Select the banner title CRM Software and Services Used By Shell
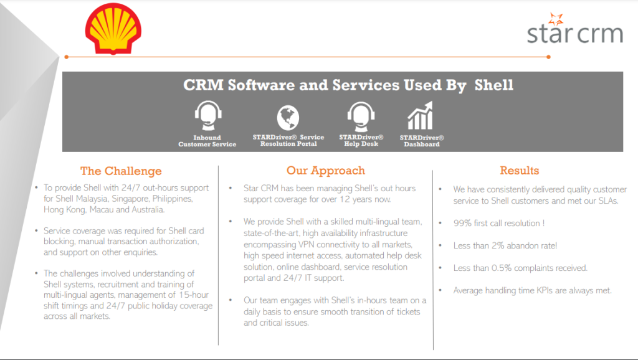click(x=348, y=85)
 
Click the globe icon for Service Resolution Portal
click(x=288, y=116)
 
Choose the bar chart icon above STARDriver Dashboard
click(x=421, y=116)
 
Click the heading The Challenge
click(x=121, y=171)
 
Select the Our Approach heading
click(x=325, y=171)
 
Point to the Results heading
click(x=519, y=171)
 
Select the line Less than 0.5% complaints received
click(x=520, y=268)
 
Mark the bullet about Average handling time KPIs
click(x=533, y=290)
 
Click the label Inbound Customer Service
click(x=207, y=141)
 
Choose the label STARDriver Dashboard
click(x=421, y=141)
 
